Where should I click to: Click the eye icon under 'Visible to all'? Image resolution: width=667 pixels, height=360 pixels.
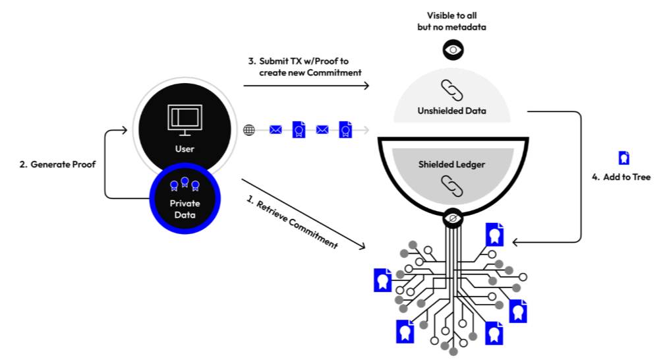452,49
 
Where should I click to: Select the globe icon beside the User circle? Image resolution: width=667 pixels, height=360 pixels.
249,130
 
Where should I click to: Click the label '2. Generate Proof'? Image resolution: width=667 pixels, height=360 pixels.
58,164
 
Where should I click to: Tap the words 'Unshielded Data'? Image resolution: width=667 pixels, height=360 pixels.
451,111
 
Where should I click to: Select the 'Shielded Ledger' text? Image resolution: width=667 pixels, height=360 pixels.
451,164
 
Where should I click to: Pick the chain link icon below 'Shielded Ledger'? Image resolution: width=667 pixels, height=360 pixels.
451,186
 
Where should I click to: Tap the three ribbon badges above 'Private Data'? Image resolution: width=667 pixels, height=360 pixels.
185,184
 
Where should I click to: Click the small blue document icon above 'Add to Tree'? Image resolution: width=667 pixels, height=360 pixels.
623,158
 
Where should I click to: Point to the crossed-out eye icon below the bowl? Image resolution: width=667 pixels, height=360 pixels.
452,218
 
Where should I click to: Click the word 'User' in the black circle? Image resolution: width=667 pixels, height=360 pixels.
185,149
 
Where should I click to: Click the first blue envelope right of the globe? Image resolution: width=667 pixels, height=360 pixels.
275,130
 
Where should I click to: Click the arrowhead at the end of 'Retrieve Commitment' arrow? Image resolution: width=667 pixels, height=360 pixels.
362,247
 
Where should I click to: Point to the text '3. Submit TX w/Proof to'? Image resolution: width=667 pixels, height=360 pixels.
299,61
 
